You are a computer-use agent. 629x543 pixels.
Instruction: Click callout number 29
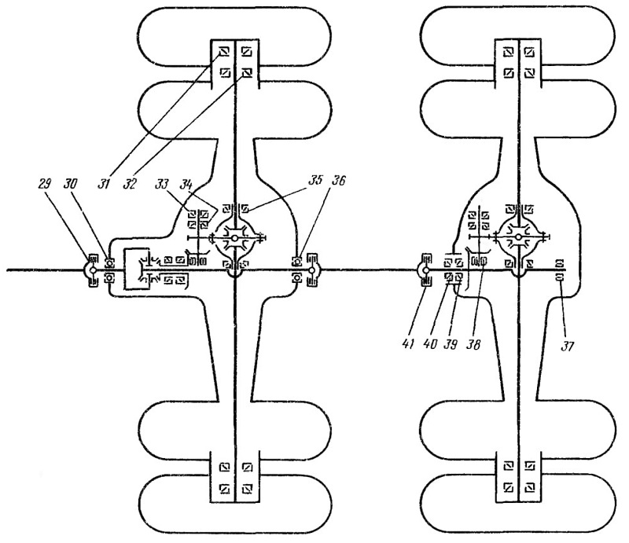click(x=45, y=184)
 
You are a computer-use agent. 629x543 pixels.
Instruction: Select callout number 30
click(x=71, y=184)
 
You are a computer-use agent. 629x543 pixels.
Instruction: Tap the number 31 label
click(x=104, y=184)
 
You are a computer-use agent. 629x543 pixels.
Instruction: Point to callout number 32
click(x=130, y=184)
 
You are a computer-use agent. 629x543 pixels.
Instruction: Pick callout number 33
click(x=162, y=184)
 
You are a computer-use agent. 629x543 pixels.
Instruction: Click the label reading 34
click(x=186, y=184)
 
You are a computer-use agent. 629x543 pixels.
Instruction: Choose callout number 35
click(x=315, y=180)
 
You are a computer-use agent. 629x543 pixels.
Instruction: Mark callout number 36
click(x=338, y=180)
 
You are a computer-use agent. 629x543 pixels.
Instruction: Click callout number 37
click(x=567, y=346)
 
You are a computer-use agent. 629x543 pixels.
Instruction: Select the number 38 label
click(x=474, y=344)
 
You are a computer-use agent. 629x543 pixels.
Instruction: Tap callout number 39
click(x=451, y=344)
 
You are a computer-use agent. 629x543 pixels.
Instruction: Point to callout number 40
click(x=430, y=344)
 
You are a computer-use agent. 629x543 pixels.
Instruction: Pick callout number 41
click(x=407, y=344)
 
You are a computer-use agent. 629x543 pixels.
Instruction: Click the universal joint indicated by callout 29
click(x=92, y=270)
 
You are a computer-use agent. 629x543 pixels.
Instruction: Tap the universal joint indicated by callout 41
click(x=425, y=270)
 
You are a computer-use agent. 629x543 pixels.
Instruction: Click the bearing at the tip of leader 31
click(x=224, y=52)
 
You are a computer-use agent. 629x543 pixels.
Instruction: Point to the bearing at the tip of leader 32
click(x=247, y=72)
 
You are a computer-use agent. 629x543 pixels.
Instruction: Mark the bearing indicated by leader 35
click(x=245, y=208)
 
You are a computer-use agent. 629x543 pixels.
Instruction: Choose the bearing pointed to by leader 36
click(x=297, y=262)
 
